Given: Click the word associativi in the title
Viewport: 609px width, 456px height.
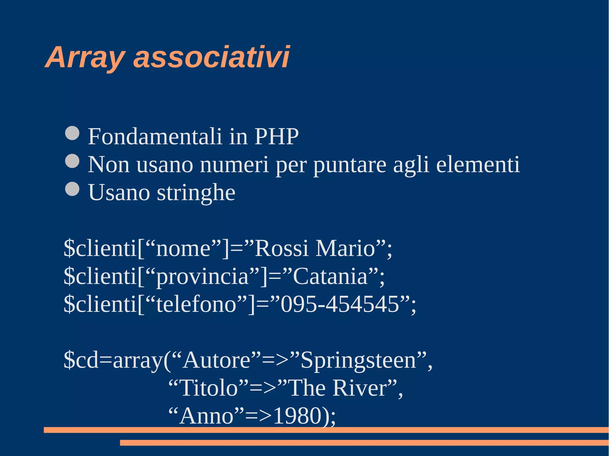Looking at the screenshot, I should coord(211,57).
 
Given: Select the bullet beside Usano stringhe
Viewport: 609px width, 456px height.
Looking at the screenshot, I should coord(72,189).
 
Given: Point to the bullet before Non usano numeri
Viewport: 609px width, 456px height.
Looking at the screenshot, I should coord(72,161).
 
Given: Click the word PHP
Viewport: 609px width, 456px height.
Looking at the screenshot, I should coord(276,137).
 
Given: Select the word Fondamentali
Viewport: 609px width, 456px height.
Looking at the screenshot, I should coord(155,137).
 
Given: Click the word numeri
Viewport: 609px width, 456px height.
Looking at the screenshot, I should coord(234,165).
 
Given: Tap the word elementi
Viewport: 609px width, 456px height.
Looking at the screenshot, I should coord(478,165).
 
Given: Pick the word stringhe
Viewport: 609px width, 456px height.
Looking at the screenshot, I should coord(196,193).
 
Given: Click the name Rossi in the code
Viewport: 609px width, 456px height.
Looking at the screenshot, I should coord(281,248).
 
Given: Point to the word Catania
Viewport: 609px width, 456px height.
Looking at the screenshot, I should coord(330,276).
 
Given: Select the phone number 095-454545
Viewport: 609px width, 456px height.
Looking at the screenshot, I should coord(340,304).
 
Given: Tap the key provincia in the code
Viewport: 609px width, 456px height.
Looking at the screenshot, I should coord(202,276).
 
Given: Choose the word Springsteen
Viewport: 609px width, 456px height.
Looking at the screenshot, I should coord(358,360).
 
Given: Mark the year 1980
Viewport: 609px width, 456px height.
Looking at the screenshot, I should coord(297,416).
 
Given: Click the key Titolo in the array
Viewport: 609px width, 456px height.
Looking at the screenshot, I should coord(209,388).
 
